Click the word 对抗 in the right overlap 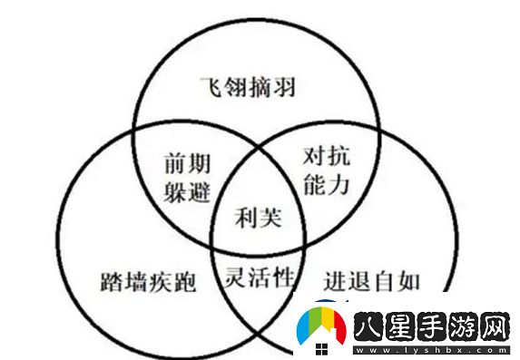[326, 157]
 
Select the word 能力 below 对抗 [326, 185]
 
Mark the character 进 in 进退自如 [337, 279]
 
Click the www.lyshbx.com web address [431, 348]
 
